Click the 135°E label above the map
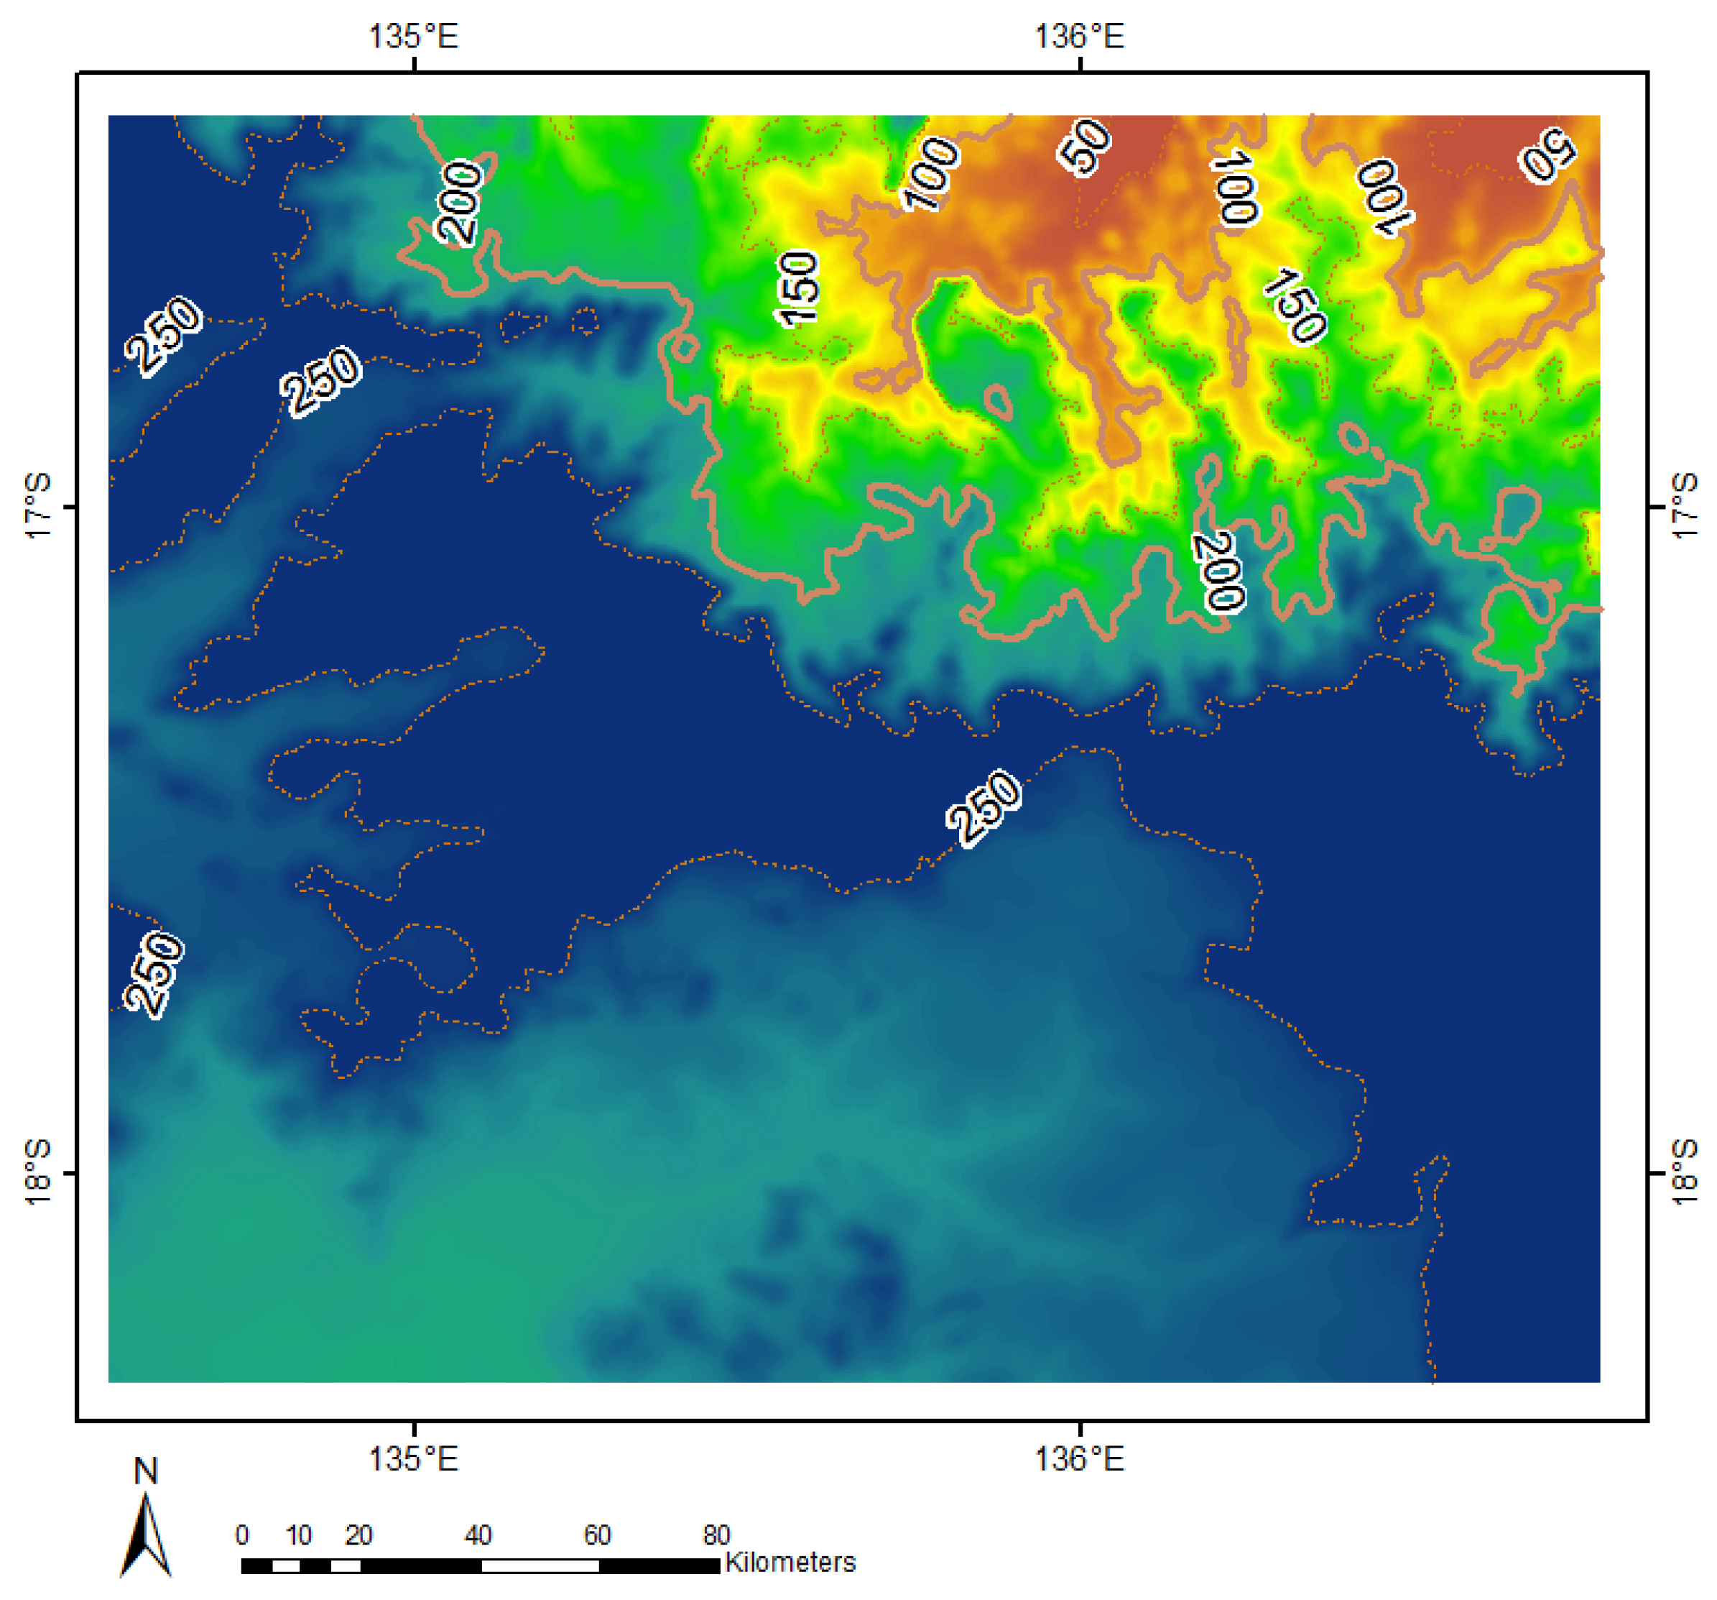[413, 36]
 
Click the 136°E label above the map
[1080, 36]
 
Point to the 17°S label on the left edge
[39, 507]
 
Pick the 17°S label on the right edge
[1685, 507]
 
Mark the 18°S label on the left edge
[39, 1172]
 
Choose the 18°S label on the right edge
[1685, 1172]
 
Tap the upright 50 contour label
[1085, 146]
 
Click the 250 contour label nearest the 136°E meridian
[984, 808]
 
